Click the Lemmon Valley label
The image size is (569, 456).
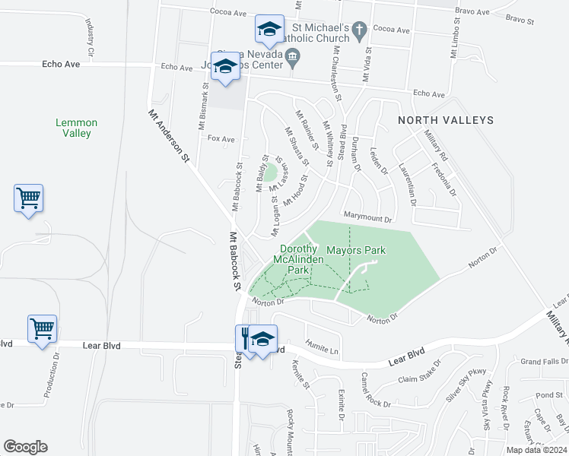coord(76,128)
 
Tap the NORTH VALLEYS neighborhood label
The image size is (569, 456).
coord(446,120)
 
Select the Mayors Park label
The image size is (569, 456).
coord(356,250)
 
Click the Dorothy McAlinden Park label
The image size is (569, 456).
coord(298,259)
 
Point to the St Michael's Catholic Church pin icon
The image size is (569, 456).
coord(361,29)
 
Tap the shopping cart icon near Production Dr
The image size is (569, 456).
coord(42,329)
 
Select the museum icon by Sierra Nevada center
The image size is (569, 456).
coord(293,56)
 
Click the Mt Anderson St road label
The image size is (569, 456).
coord(169,135)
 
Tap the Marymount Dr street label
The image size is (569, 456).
coord(367,218)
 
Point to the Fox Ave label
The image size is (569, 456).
coord(221,139)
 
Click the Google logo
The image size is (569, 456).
coord(25,447)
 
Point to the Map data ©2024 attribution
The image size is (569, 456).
coord(536,450)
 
